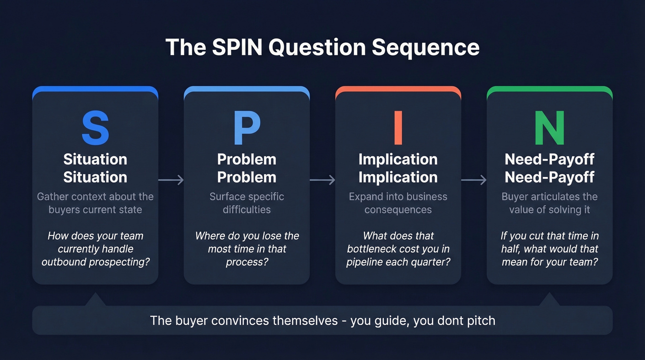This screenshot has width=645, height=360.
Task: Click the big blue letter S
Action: tap(95, 128)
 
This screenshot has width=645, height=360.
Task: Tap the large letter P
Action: tap(246, 128)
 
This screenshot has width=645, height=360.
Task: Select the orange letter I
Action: tap(398, 128)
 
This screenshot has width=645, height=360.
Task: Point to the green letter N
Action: tap(550, 128)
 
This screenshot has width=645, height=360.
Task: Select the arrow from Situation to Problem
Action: tap(171, 180)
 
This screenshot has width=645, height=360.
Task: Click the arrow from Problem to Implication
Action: tap(322, 180)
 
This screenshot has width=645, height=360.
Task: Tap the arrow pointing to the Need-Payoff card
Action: tap(474, 180)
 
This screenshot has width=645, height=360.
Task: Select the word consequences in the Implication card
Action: tap(398, 210)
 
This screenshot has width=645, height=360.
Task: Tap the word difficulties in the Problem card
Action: tap(246, 210)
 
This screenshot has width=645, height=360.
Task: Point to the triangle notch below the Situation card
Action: tap(95, 300)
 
